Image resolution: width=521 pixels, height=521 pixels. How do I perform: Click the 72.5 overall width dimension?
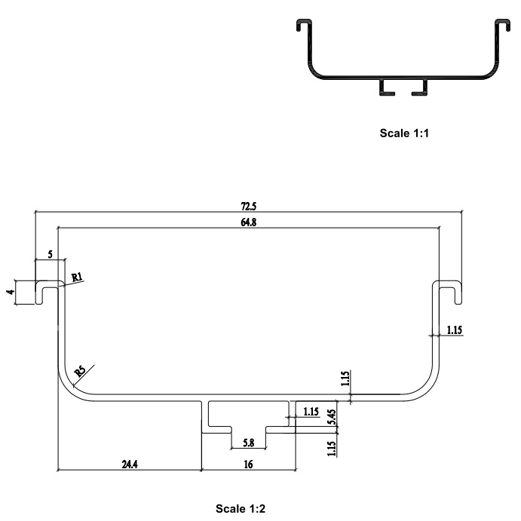249,207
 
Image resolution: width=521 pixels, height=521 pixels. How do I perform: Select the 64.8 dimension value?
249,222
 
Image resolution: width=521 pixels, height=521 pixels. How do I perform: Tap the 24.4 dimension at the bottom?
130,464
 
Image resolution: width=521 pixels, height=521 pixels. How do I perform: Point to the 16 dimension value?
249,464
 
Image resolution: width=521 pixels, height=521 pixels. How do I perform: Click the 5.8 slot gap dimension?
249,443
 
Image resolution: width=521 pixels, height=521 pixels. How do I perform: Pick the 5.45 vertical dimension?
332,417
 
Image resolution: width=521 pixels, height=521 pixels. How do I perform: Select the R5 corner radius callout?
80,372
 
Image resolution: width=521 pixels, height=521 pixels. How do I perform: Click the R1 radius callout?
77,277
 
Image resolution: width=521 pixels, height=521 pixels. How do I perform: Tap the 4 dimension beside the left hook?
11,292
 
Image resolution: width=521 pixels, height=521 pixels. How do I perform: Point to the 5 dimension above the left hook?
51,255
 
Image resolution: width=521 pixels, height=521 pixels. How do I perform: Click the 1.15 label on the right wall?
454,330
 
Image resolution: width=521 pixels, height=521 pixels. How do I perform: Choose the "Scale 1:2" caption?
241,509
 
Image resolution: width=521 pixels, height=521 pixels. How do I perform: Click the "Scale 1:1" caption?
404,133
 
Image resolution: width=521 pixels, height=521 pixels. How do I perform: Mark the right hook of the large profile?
447,292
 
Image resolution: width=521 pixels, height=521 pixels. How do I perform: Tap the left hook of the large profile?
50,292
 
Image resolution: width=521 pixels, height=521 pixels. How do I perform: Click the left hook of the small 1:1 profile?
304,25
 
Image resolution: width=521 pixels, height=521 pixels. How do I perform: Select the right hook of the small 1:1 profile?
502,25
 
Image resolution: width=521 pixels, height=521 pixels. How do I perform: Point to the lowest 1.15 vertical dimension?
332,449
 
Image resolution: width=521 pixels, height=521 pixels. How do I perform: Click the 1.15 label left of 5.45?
311,412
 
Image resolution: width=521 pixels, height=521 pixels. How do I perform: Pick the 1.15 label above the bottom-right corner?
345,378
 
